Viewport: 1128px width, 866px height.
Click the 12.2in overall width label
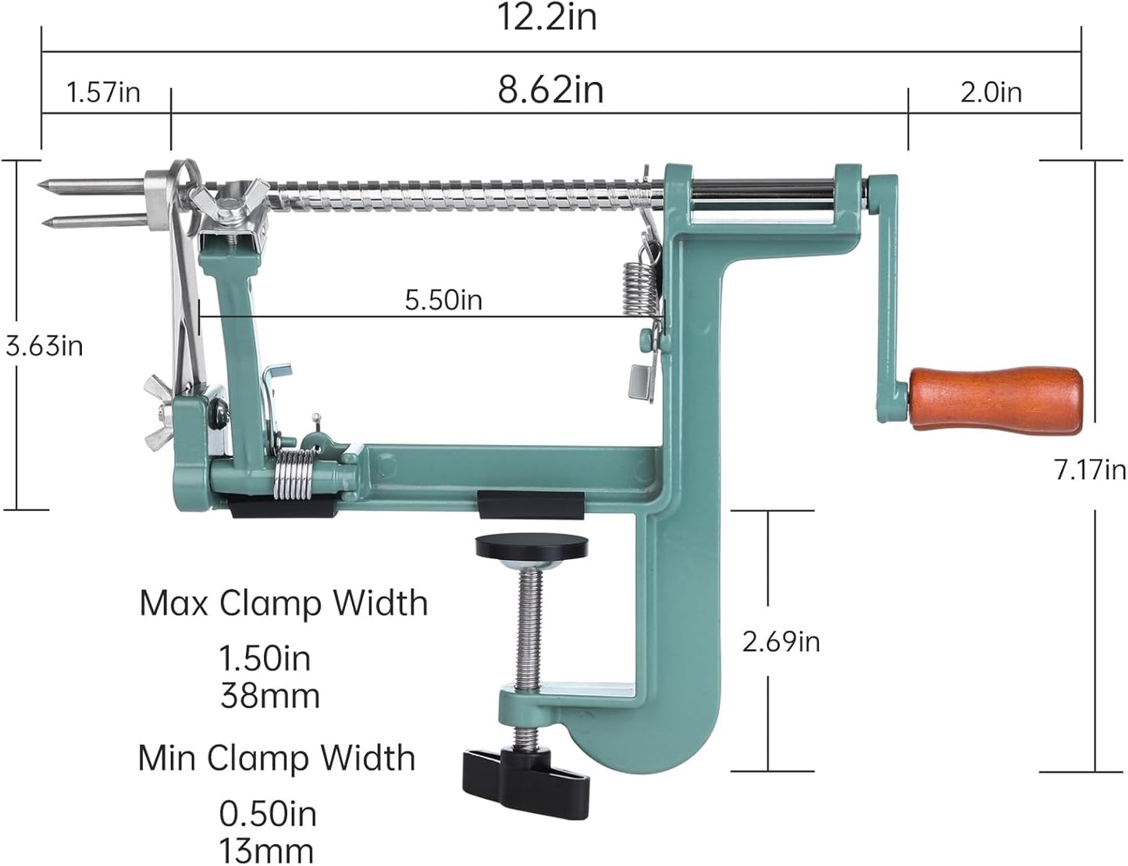548,17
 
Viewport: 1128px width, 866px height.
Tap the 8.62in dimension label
551,90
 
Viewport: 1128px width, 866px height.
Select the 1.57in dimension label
103,93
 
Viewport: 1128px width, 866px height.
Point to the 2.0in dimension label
991,93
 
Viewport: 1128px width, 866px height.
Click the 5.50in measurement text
443,300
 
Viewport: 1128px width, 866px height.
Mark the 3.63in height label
44,346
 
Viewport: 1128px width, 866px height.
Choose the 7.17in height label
1090,470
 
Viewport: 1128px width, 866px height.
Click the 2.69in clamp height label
781,642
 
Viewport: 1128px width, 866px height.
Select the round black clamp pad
532,547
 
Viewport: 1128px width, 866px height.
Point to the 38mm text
270,695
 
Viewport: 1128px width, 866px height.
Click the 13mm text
266,850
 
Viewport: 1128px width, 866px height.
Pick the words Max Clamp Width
283,604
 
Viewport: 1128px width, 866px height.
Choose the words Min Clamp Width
276,758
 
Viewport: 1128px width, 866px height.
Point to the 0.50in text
268,814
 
